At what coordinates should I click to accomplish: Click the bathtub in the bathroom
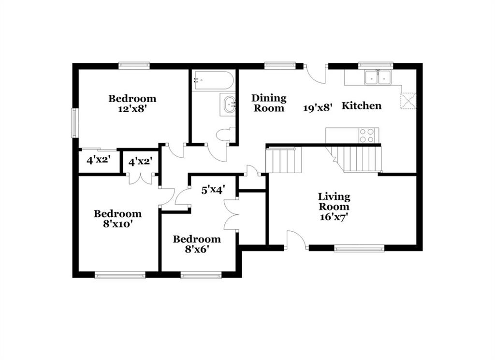click(x=213, y=81)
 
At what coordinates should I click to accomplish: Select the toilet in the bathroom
click(x=226, y=135)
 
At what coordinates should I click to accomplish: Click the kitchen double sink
click(x=378, y=77)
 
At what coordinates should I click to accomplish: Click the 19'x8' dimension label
click(x=318, y=108)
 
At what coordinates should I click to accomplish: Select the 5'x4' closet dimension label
click(x=213, y=190)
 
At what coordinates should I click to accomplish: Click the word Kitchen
click(x=362, y=105)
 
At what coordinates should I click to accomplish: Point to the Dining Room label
click(x=269, y=103)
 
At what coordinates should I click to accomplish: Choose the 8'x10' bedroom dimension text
click(x=117, y=224)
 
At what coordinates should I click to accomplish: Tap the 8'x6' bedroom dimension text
click(x=197, y=249)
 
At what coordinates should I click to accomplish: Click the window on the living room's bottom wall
click(x=359, y=248)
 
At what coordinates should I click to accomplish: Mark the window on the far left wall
click(x=75, y=123)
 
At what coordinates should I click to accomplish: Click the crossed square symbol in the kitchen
click(x=408, y=101)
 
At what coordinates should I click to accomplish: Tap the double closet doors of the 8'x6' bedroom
click(x=231, y=215)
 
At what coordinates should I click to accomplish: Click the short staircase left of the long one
click(x=283, y=161)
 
